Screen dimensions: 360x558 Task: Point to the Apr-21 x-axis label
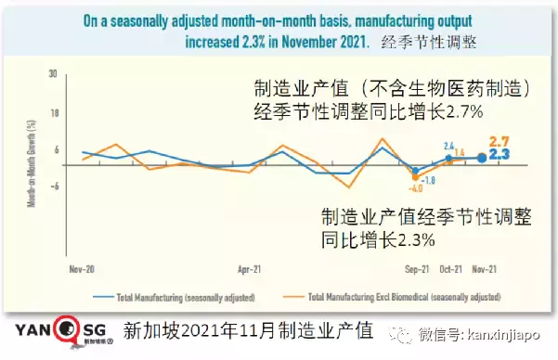[248, 270]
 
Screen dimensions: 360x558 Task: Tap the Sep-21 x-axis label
[416, 270]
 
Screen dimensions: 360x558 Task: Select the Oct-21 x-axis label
[450, 270]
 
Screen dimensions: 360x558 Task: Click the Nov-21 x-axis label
[485, 270]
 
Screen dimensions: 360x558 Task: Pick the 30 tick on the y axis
[55, 73]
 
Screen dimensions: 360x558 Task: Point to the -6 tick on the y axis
[55, 184]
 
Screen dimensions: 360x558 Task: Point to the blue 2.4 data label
[448, 146]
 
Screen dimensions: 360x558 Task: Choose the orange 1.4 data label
[459, 152]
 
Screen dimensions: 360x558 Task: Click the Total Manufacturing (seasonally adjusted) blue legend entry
[181, 297]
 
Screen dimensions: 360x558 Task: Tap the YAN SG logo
[56, 331]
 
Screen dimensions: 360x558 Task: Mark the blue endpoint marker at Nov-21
[481, 158]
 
